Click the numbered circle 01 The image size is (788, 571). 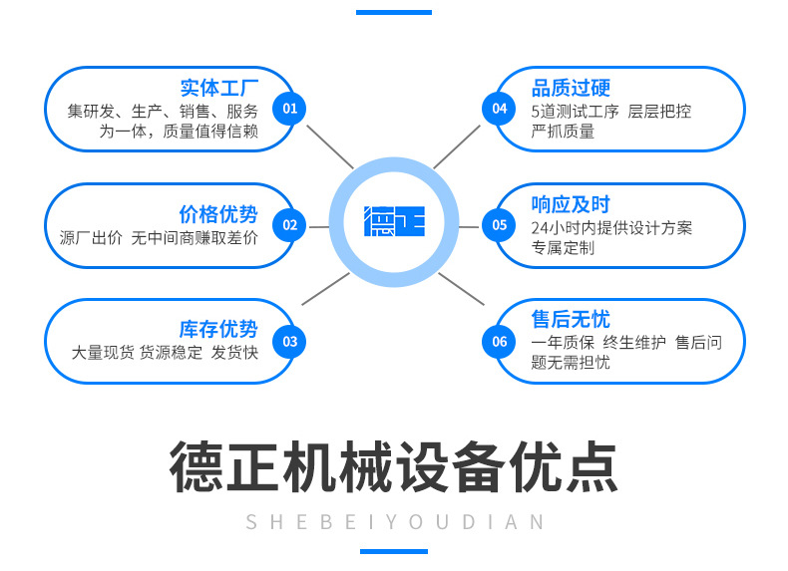pos(289,109)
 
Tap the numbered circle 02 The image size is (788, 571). pos(289,225)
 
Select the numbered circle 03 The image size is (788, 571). pos(289,342)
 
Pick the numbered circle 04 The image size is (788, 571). pos(499,109)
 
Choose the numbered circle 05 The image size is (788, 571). pos(499,225)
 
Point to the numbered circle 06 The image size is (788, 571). pos(499,342)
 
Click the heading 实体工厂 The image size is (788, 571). pos(219,88)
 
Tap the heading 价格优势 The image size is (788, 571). pos(218,214)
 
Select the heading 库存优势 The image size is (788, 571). pos(218,330)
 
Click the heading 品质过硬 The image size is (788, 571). pos(571,88)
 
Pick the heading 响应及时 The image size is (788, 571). pos(571,204)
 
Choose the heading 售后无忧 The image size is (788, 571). pos(571,319)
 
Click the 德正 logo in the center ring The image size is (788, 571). pos(395,221)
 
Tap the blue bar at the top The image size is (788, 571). pos(394,12)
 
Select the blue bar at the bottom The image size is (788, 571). pos(394,551)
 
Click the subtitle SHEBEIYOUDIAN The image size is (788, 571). pos(395,522)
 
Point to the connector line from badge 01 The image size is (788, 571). pos(330,146)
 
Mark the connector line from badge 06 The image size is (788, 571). pos(462,289)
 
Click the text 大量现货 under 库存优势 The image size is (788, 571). pos(103,353)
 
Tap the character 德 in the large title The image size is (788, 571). pos(197,466)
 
